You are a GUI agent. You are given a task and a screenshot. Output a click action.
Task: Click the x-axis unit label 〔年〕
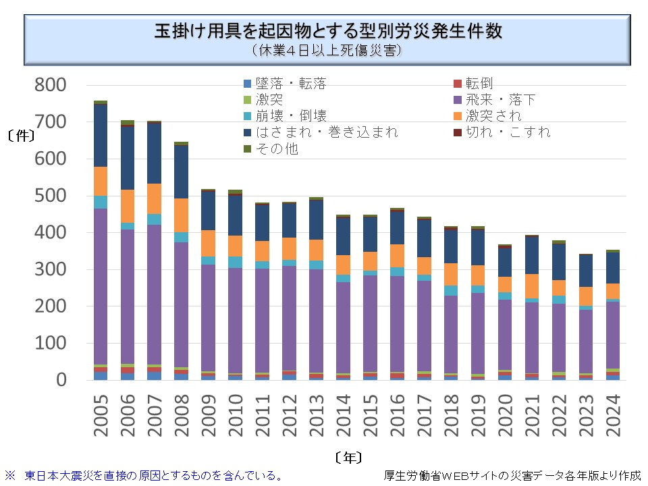[348, 458]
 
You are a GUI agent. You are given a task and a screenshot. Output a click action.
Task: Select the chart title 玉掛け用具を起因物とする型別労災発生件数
[328, 31]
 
